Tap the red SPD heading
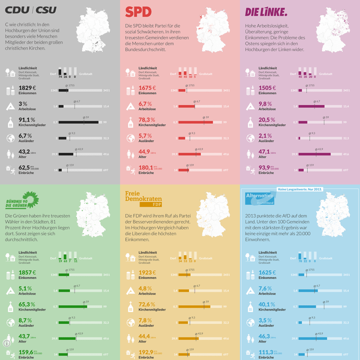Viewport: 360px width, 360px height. coord(138,12)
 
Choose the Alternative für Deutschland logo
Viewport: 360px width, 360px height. coord(259,198)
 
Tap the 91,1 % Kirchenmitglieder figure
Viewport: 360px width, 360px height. coord(27,120)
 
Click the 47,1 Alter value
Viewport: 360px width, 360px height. coord(265,152)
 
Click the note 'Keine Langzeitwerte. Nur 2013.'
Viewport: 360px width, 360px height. coord(300,189)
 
